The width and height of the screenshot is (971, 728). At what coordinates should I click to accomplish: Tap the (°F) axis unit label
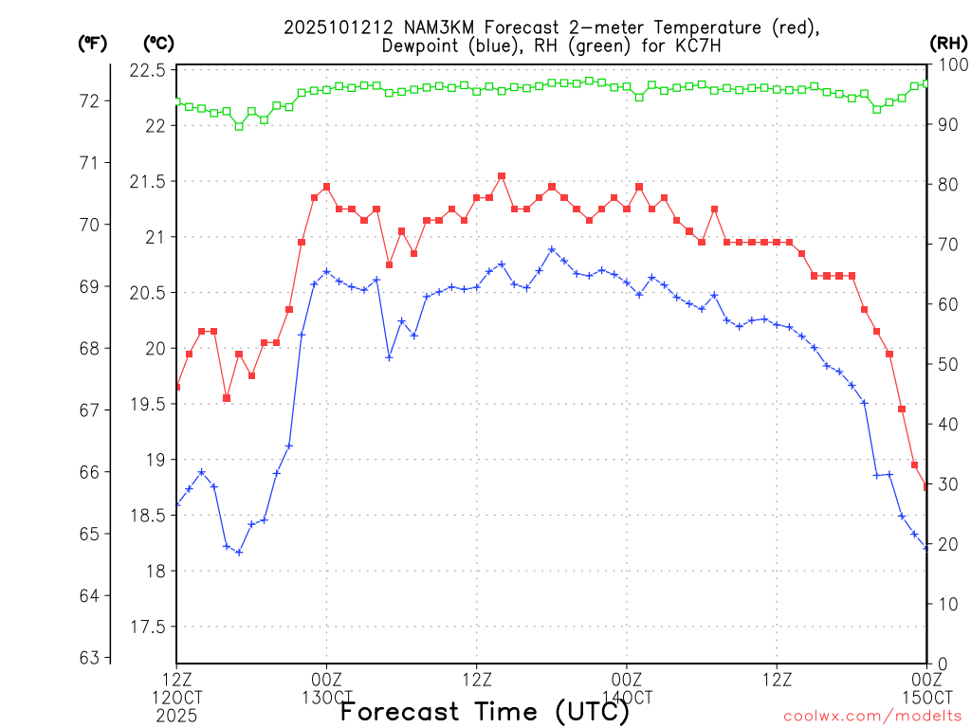(93, 43)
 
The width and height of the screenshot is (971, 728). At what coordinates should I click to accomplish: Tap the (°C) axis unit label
(158, 43)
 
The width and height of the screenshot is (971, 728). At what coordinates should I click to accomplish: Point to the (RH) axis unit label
(948, 43)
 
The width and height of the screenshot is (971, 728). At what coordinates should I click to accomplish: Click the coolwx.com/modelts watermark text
(872, 716)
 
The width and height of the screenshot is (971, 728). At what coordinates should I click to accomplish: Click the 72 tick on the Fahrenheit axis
(88, 100)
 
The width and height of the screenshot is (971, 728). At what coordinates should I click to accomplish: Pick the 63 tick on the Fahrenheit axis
(88, 658)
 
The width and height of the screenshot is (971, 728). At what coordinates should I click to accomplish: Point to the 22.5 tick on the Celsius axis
(147, 71)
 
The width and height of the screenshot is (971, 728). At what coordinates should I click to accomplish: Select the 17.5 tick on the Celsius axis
(147, 628)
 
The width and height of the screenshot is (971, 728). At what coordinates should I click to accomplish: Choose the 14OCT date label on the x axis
(627, 698)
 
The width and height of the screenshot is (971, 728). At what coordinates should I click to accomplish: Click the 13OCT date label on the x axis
(327, 698)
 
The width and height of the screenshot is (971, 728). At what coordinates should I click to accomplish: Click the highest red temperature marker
(502, 176)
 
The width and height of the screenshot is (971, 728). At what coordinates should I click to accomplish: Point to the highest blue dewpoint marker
(552, 249)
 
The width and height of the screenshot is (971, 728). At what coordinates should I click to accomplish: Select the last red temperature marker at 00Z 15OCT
(926, 487)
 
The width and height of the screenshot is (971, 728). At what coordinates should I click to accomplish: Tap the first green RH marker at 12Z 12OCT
(176, 101)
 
